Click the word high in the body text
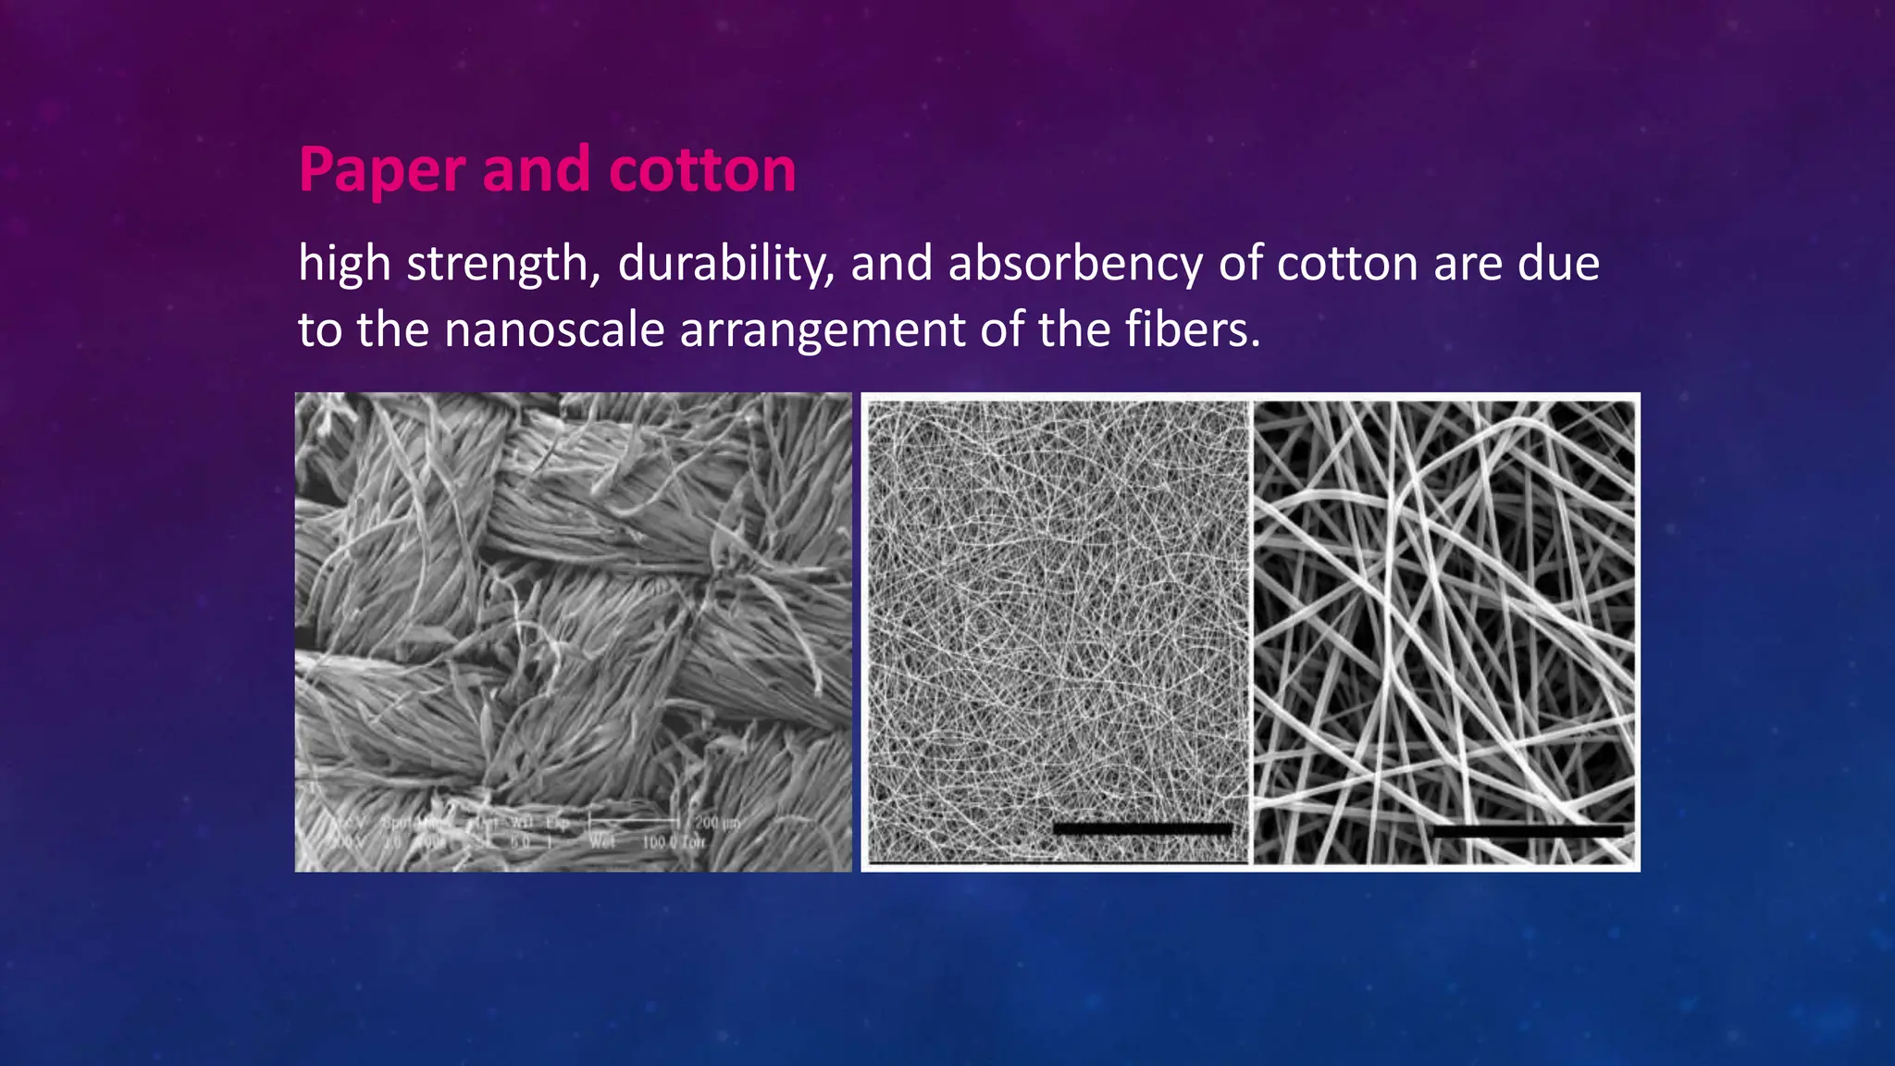(344, 265)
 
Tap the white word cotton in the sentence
(1347, 265)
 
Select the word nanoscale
(554, 330)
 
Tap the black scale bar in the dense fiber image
(1143, 829)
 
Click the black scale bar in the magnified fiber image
(1528, 831)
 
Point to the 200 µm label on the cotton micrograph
(717, 823)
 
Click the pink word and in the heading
(536, 170)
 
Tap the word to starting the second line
(319, 330)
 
